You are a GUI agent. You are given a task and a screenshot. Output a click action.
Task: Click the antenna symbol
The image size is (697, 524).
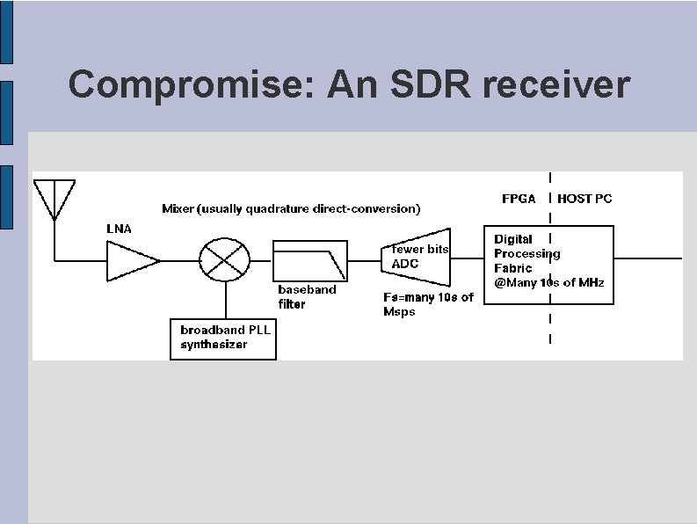coord(54,198)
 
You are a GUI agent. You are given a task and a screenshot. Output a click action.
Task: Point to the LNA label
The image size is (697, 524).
coord(119,229)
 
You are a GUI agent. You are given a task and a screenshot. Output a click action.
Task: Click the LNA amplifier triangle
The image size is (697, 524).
coord(130,261)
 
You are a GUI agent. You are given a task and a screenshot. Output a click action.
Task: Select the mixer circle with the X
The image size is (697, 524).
coord(226,261)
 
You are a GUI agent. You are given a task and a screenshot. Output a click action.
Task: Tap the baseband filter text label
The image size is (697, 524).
coord(307,296)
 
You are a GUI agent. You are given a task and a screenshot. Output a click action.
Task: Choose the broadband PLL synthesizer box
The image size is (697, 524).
coord(223,338)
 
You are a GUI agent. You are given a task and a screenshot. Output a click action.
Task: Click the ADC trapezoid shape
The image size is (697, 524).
coord(417,260)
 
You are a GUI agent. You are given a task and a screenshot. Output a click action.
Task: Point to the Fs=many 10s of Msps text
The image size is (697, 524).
coord(428,304)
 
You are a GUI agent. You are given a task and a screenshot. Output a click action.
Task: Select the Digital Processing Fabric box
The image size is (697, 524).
coord(549,265)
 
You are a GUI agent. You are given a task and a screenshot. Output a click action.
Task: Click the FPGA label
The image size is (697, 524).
coord(519,199)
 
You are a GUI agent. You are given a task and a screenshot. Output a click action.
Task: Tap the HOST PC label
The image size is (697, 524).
coord(584,199)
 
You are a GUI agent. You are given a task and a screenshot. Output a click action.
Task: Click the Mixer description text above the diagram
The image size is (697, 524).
coord(291,209)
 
